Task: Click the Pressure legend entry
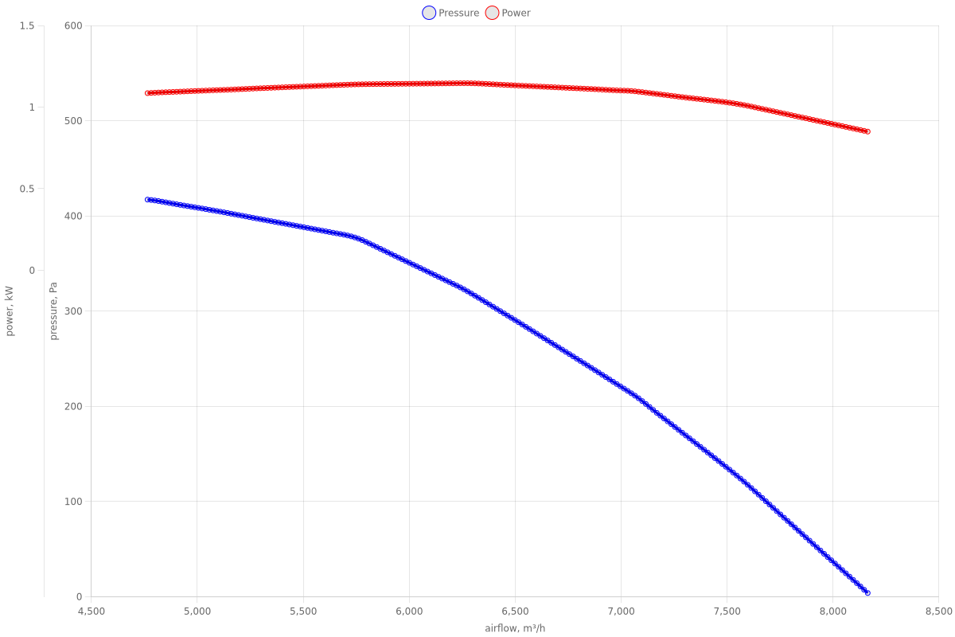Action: tap(451, 13)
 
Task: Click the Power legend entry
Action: tap(508, 13)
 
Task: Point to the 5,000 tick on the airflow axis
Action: tap(197, 612)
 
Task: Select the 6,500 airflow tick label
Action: tap(515, 612)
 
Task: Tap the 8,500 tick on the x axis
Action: tap(938, 612)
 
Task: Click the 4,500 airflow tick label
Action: tap(91, 612)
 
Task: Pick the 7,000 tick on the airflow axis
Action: tap(621, 612)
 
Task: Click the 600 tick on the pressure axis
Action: tap(74, 25)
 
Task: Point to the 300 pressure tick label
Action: tap(74, 311)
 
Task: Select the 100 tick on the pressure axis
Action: tap(74, 502)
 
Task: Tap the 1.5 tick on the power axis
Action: tap(26, 25)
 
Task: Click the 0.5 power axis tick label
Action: tap(26, 189)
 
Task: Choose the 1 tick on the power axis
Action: tap(32, 107)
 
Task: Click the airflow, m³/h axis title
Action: tap(515, 628)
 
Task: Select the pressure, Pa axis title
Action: tap(54, 311)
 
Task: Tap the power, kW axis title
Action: tap(10, 311)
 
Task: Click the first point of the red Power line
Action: tap(147, 93)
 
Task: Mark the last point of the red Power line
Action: tap(867, 131)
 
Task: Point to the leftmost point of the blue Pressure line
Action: tap(147, 200)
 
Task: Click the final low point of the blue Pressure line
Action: tap(867, 593)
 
